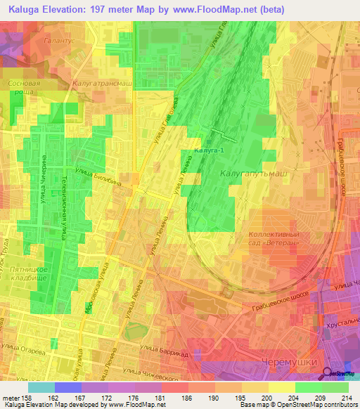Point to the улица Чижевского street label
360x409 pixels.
tap(158, 365)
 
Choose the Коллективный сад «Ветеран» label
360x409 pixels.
tap(279, 239)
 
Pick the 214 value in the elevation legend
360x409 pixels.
tap(347, 397)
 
